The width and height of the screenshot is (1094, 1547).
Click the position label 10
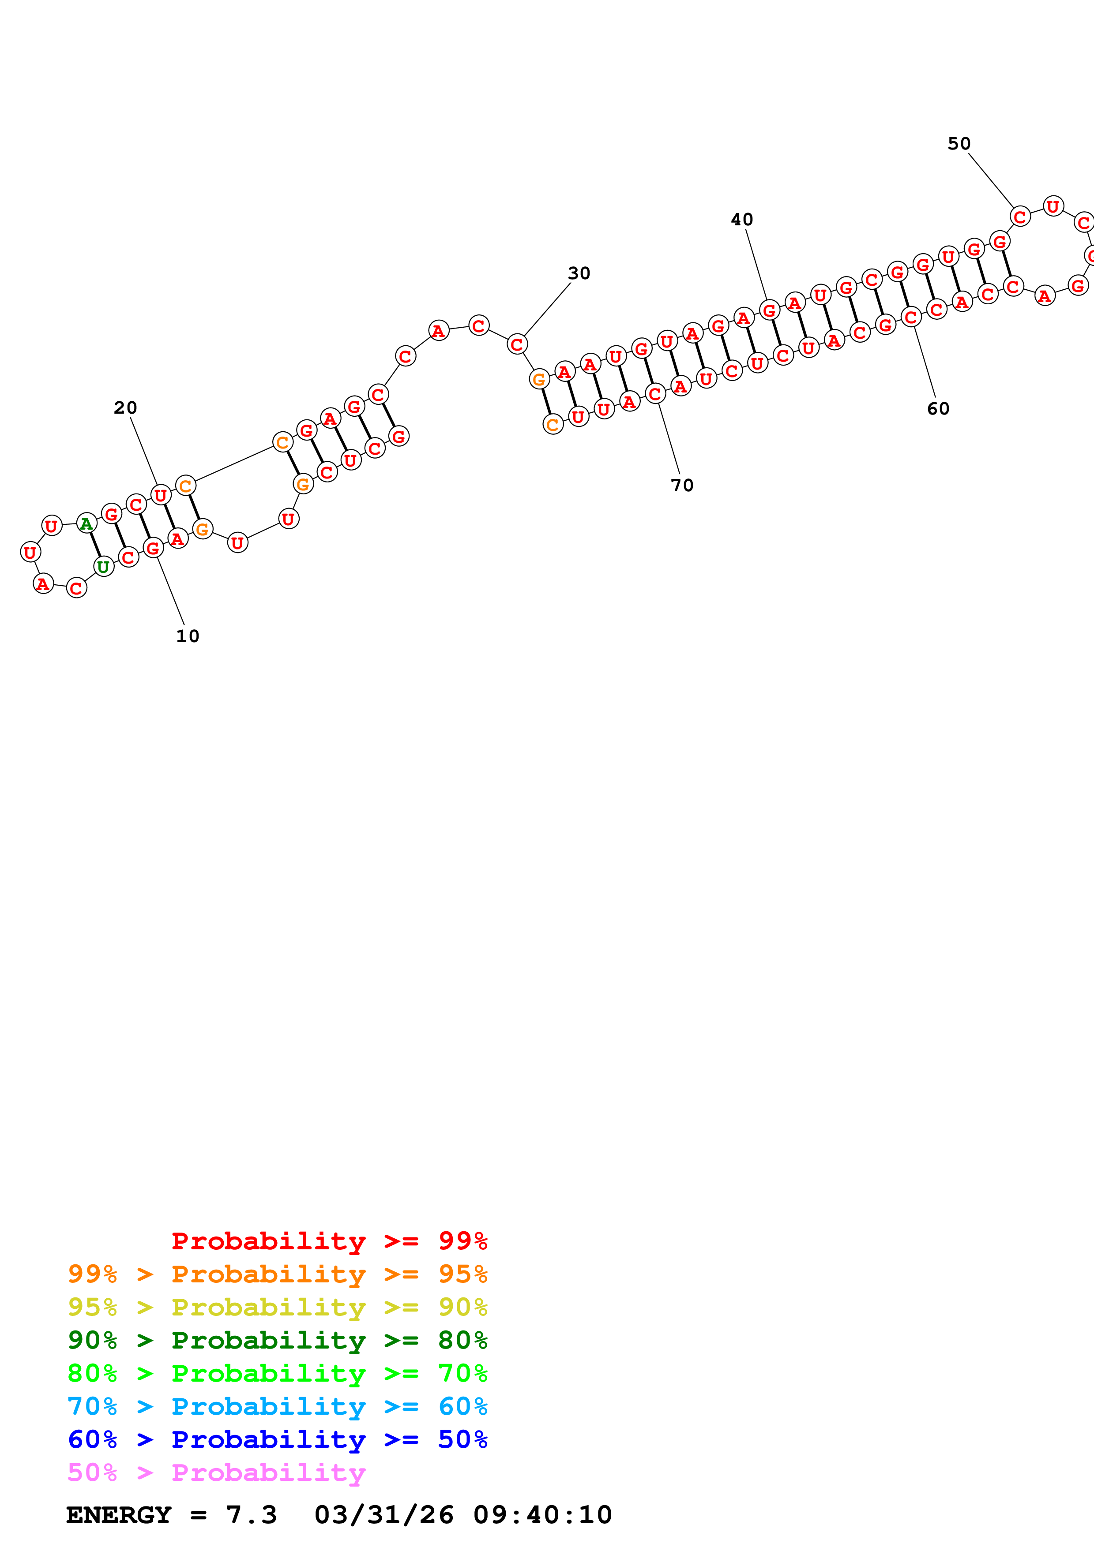click(188, 636)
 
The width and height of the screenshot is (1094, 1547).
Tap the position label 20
click(125, 407)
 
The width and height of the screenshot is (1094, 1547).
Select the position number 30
click(579, 273)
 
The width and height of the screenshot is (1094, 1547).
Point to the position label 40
click(742, 220)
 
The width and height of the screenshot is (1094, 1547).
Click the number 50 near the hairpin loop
click(959, 143)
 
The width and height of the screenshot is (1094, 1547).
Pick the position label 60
click(938, 408)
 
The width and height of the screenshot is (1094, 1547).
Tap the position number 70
click(682, 485)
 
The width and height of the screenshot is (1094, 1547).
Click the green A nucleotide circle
click(86, 523)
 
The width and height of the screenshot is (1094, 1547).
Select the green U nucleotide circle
click(103, 567)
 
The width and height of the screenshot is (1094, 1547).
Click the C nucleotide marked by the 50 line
click(1020, 217)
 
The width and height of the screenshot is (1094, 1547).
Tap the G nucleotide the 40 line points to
click(769, 310)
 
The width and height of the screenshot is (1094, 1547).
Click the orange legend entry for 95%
click(278, 1274)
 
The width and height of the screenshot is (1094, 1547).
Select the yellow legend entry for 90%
click(278, 1307)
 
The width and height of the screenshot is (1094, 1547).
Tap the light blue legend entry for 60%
click(278, 1406)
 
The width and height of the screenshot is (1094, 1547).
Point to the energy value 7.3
click(252, 1515)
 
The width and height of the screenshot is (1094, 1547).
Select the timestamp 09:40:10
click(543, 1515)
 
